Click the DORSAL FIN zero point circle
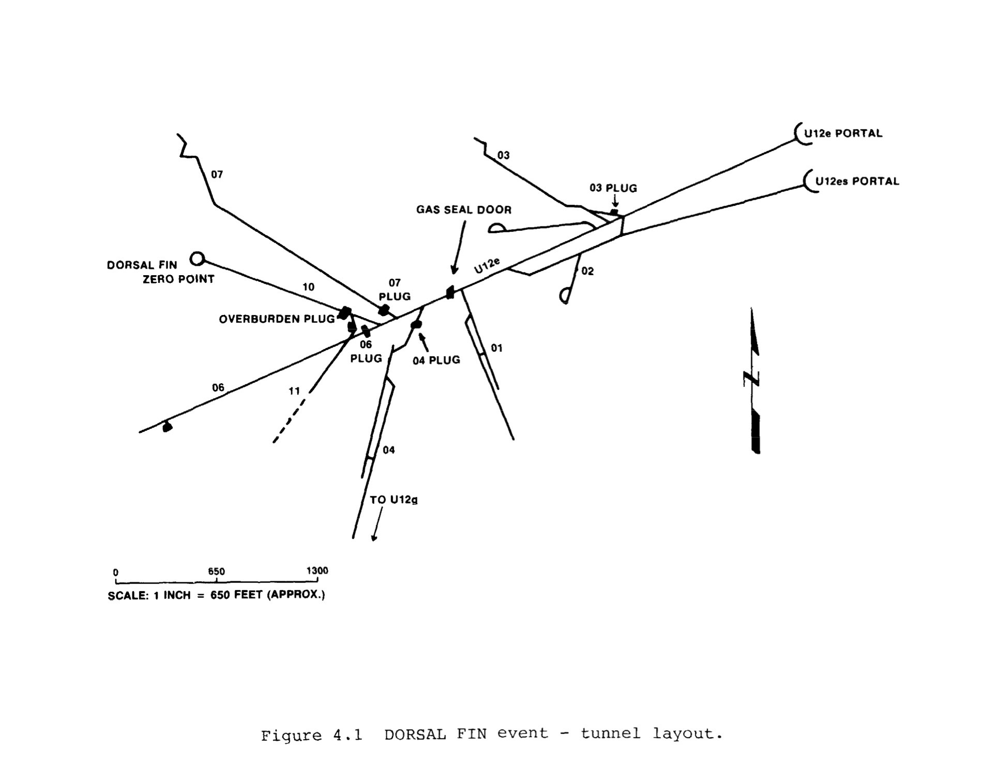(x=197, y=258)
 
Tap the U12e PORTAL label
(x=842, y=133)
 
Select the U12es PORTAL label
(x=857, y=181)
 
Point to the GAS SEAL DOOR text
(x=464, y=209)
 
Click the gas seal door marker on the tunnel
(x=450, y=293)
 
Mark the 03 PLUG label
(x=613, y=188)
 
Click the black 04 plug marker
(x=416, y=324)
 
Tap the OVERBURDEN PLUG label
(x=277, y=319)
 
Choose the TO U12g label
(x=393, y=500)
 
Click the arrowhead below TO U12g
(x=374, y=538)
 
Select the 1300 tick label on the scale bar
(x=317, y=570)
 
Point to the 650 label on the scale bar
(x=216, y=572)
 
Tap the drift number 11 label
(x=294, y=391)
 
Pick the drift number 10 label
(x=308, y=287)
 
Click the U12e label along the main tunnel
(x=487, y=265)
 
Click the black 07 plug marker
(x=384, y=310)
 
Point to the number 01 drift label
(x=496, y=348)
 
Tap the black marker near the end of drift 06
(x=166, y=427)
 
